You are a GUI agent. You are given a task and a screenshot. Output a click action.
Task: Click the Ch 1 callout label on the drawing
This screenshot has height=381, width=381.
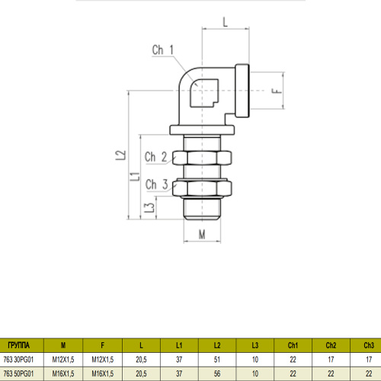pos(162,51)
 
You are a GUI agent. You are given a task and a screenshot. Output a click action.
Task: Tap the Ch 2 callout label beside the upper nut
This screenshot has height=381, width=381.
pos(156,158)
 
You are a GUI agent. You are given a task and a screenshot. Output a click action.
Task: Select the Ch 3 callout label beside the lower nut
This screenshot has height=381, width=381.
pos(156,184)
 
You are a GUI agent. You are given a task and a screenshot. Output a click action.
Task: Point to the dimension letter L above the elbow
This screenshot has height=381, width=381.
pos(226,22)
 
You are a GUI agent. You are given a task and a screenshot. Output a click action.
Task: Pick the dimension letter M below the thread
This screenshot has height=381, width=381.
pos(202,233)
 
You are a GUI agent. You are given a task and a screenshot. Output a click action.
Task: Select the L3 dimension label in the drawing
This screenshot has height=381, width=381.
pos(149,207)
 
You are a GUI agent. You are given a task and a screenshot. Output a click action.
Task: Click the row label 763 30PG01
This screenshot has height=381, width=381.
pos(19,359)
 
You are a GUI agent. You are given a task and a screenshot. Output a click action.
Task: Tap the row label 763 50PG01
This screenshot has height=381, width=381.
pos(19,373)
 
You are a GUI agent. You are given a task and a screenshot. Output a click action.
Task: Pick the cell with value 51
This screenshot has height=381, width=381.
pos(217,359)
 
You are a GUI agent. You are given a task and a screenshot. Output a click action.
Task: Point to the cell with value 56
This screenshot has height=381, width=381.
pos(217,373)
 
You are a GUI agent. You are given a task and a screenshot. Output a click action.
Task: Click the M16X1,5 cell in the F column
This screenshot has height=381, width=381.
pos(101,373)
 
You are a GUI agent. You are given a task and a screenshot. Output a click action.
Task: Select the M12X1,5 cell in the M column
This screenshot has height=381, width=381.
pos(62,359)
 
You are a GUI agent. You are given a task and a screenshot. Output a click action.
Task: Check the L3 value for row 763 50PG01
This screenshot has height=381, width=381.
pos(255,373)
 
